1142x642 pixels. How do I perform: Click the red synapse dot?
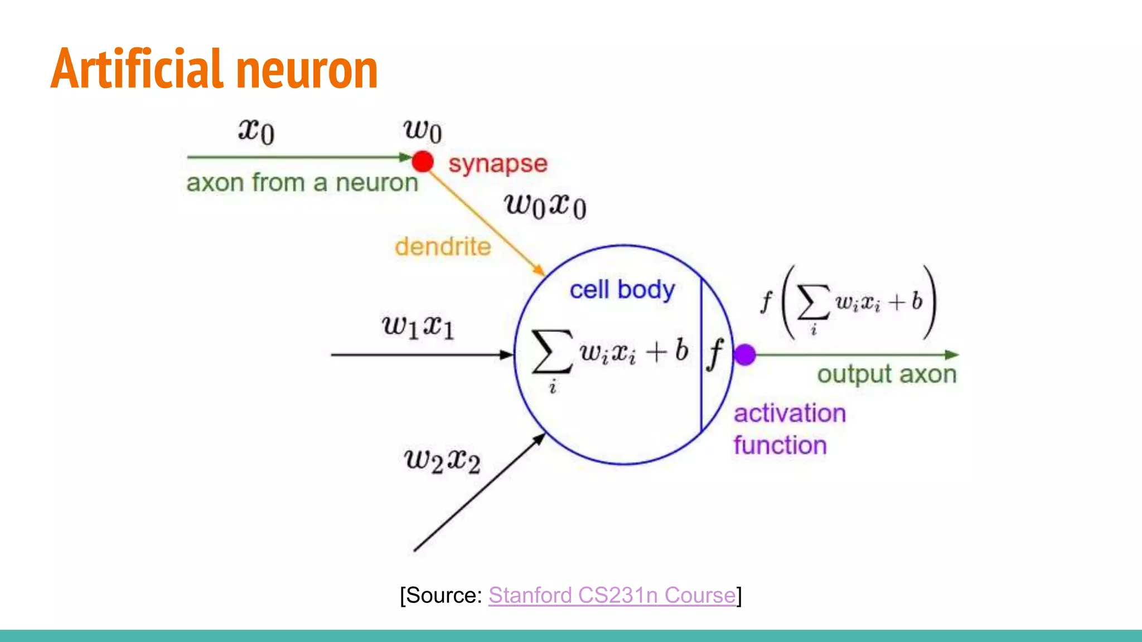(423, 162)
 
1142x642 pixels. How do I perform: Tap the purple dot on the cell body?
(745, 354)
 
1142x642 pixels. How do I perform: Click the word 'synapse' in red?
(498, 164)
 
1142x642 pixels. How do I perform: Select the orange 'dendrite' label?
(443, 246)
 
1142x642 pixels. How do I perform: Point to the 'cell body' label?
(622, 290)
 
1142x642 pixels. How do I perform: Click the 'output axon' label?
(887, 374)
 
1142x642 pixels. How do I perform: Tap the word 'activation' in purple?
(790, 414)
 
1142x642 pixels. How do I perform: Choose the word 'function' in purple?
(780, 445)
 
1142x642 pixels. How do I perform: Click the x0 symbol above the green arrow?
(257, 132)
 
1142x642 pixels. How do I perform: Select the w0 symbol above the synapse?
(423, 132)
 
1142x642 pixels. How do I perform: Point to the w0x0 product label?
(545, 206)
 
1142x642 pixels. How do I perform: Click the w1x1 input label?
(418, 326)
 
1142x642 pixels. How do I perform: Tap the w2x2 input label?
(442, 461)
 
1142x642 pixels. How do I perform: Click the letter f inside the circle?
(715, 354)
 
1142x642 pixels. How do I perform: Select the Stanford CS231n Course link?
(612, 595)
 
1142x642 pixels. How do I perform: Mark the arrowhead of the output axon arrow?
(952, 354)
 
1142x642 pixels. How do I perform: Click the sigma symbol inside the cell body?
(552, 351)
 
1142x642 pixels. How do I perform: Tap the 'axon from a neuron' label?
(302, 183)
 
